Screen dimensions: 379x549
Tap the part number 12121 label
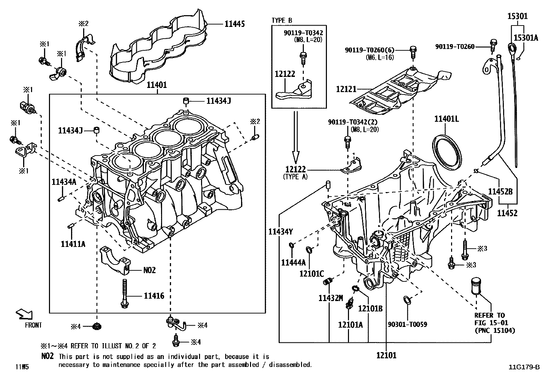point(346,89)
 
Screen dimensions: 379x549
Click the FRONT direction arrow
point(24,314)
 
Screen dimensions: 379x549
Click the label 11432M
point(331,298)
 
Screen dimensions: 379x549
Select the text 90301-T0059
point(407,325)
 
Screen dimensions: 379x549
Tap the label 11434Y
point(280,232)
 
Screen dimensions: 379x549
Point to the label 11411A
point(73,244)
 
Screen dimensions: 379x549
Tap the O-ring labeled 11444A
point(291,245)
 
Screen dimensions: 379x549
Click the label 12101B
point(370,309)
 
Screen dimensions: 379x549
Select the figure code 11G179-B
point(524,367)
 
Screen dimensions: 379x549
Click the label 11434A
point(64,182)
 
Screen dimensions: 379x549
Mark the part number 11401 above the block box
point(157,85)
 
